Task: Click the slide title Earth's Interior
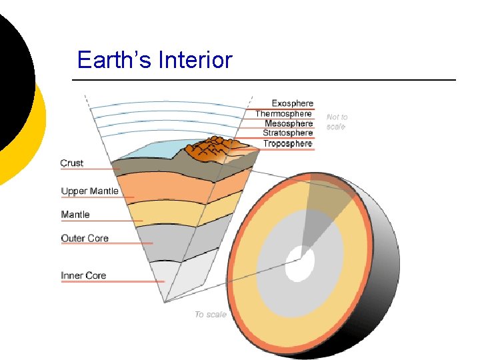coord(155,60)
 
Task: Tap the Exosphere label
coord(292,103)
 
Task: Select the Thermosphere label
coord(283,113)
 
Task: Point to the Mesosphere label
coord(288,123)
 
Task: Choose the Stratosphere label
coord(287,133)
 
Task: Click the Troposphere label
coord(287,143)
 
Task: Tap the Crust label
coord(72,163)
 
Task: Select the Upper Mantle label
coord(89,191)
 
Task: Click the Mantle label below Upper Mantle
coord(75,215)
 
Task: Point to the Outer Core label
coord(85,239)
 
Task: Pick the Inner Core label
coord(83,275)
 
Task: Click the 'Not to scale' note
coord(337,121)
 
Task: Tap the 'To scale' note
coord(211,314)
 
